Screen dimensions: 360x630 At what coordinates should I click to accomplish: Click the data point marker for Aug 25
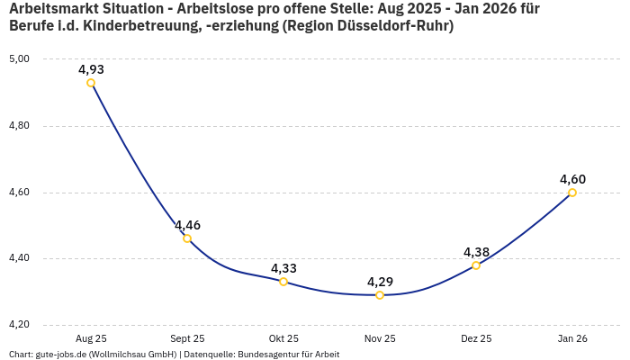(x=91, y=83)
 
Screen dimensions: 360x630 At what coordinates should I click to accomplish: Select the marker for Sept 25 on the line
(x=187, y=238)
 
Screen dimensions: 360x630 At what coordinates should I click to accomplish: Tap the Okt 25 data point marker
(x=283, y=282)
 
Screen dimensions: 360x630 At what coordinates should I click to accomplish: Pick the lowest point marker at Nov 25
(x=380, y=295)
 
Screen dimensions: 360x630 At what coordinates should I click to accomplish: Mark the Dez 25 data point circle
(x=476, y=265)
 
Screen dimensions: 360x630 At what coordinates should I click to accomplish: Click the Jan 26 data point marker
(x=572, y=193)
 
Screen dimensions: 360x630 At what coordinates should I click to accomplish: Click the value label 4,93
(x=91, y=69)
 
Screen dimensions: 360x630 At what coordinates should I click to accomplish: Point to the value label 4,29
(x=380, y=282)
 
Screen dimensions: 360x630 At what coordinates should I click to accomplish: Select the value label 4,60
(x=572, y=179)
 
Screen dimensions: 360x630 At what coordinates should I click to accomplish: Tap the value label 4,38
(x=476, y=252)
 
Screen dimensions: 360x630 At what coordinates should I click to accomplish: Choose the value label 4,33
(x=283, y=268)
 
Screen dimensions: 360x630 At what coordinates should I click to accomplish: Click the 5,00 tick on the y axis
(x=20, y=59)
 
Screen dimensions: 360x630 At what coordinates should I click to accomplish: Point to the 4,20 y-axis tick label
(x=20, y=325)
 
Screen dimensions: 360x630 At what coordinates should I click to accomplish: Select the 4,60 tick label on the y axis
(x=20, y=193)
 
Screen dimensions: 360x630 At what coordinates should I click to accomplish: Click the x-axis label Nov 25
(x=380, y=338)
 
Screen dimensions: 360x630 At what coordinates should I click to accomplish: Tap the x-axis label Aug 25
(x=91, y=338)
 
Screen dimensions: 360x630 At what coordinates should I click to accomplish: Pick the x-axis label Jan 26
(x=572, y=338)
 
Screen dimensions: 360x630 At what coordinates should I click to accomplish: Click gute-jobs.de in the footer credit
(x=61, y=355)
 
